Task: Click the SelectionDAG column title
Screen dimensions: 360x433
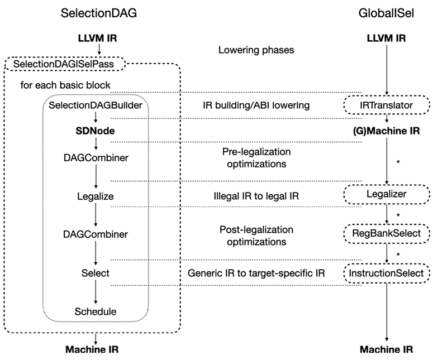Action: pyautogui.click(x=98, y=13)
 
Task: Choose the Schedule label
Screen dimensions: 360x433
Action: pyautogui.click(x=96, y=311)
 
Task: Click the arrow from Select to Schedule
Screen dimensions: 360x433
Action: pyautogui.click(x=96, y=292)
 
